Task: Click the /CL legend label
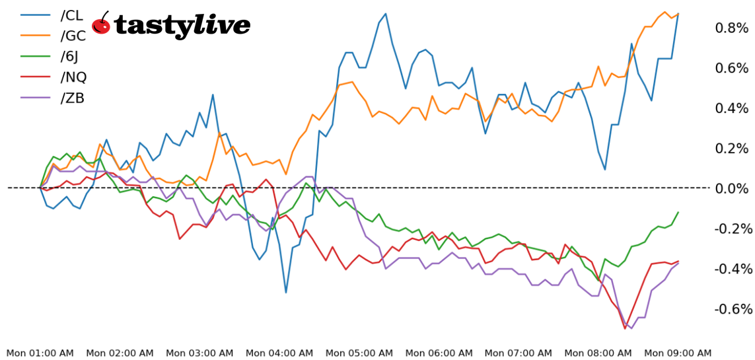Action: pos(71,15)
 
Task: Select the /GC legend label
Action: pos(73,36)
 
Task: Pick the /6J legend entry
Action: pos(71,56)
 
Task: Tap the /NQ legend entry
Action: pos(73,77)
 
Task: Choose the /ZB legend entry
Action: pos(72,98)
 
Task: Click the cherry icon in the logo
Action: pos(101,24)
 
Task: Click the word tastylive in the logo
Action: pos(182,26)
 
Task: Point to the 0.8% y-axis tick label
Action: pos(733,28)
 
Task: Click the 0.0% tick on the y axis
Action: pos(733,188)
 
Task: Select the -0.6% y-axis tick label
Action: pos(731,309)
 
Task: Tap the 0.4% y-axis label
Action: pos(733,108)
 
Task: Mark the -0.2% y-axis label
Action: pos(731,229)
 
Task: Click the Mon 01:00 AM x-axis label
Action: pos(40,353)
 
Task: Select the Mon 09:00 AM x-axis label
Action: pos(678,353)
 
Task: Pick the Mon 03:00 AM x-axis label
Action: pos(199,353)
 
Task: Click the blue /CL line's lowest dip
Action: pos(285,292)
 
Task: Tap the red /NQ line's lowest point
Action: pos(625,328)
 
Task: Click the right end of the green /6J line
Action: pos(678,213)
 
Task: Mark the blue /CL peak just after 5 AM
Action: pos(386,13)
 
